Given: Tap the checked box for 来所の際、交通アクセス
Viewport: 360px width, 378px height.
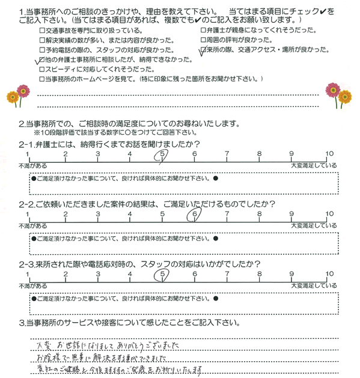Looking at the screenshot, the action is tap(202, 50).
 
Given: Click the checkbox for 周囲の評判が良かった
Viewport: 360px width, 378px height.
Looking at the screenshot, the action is tap(202, 41).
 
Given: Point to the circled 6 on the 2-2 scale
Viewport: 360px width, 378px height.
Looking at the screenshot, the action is tap(195, 214).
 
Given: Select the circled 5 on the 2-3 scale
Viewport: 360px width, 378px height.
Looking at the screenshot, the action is tap(162, 273).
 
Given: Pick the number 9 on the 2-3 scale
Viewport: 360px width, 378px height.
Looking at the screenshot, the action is tap(291, 273).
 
